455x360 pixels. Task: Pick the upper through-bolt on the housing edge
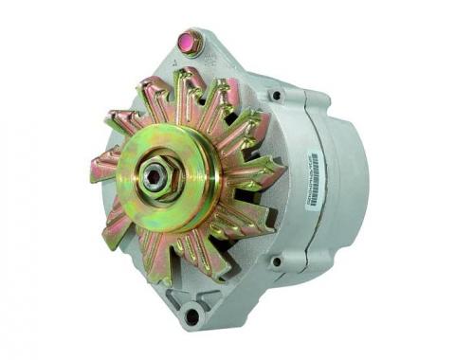point(276,96)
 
